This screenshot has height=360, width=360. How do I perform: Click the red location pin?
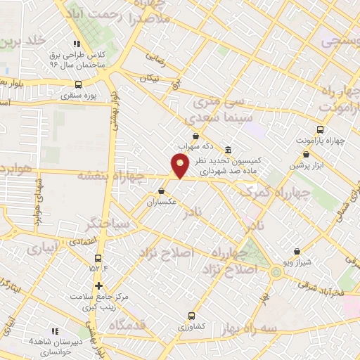(x=180, y=166)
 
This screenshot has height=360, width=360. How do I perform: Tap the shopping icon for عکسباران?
(x=162, y=191)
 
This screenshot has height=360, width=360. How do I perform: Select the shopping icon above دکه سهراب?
(x=195, y=136)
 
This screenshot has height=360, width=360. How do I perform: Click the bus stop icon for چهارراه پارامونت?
(x=321, y=129)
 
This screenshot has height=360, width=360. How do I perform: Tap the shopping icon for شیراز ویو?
(x=297, y=251)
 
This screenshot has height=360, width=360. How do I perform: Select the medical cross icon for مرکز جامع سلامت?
(x=99, y=285)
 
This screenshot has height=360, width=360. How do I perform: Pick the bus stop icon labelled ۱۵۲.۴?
(x=98, y=257)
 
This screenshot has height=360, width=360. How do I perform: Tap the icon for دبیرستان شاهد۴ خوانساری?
(x=55, y=331)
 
